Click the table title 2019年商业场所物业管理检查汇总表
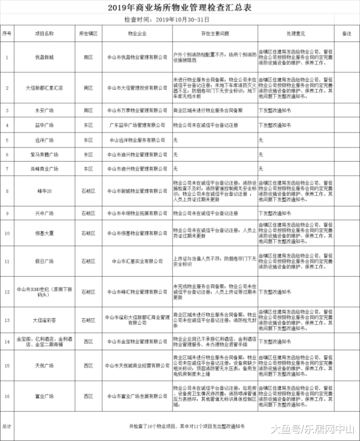click(x=180, y=7)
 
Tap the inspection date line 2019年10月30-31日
click(x=180, y=20)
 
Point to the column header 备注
click(x=347, y=34)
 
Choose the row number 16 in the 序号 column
click(x=7, y=396)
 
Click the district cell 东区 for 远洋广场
click(x=88, y=139)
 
